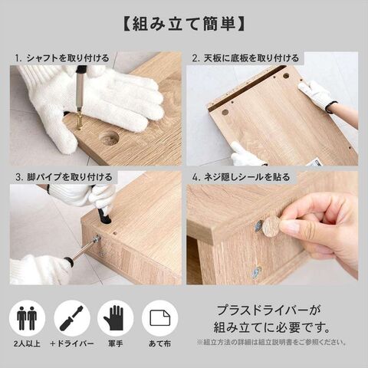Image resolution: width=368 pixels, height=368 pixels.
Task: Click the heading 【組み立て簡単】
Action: (x=184, y=25)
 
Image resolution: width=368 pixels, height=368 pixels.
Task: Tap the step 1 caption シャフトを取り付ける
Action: (x=67, y=58)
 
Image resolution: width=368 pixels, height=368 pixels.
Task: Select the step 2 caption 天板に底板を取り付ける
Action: (x=251, y=58)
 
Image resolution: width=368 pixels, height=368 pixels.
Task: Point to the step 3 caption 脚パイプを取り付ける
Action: (x=70, y=177)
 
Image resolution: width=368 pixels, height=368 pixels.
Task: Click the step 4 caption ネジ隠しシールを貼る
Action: (x=247, y=177)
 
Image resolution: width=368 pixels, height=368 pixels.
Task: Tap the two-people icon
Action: (x=27, y=318)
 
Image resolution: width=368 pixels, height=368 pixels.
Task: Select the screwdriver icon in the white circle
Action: (x=72, y=318)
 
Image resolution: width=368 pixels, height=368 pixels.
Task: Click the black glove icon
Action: (x=114, y=318)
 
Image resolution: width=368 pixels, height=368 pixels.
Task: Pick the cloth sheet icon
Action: (x=160, y=318)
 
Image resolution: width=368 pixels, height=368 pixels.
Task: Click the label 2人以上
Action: (x=27, y=343)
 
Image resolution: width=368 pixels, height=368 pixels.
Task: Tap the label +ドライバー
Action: (x=72, y=343)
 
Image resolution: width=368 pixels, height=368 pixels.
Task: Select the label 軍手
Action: (x=115, y=343)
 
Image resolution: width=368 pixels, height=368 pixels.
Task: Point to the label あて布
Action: (x=159, y=343)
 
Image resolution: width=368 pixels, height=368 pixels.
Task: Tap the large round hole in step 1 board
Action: (x=109, y=139)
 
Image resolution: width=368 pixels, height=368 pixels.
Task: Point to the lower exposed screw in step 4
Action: (x=256, y=272)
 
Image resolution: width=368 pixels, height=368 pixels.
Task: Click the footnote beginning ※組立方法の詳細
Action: (x=271, y=342)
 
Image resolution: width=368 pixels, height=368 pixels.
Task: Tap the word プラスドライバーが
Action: (x=268, y=310)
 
